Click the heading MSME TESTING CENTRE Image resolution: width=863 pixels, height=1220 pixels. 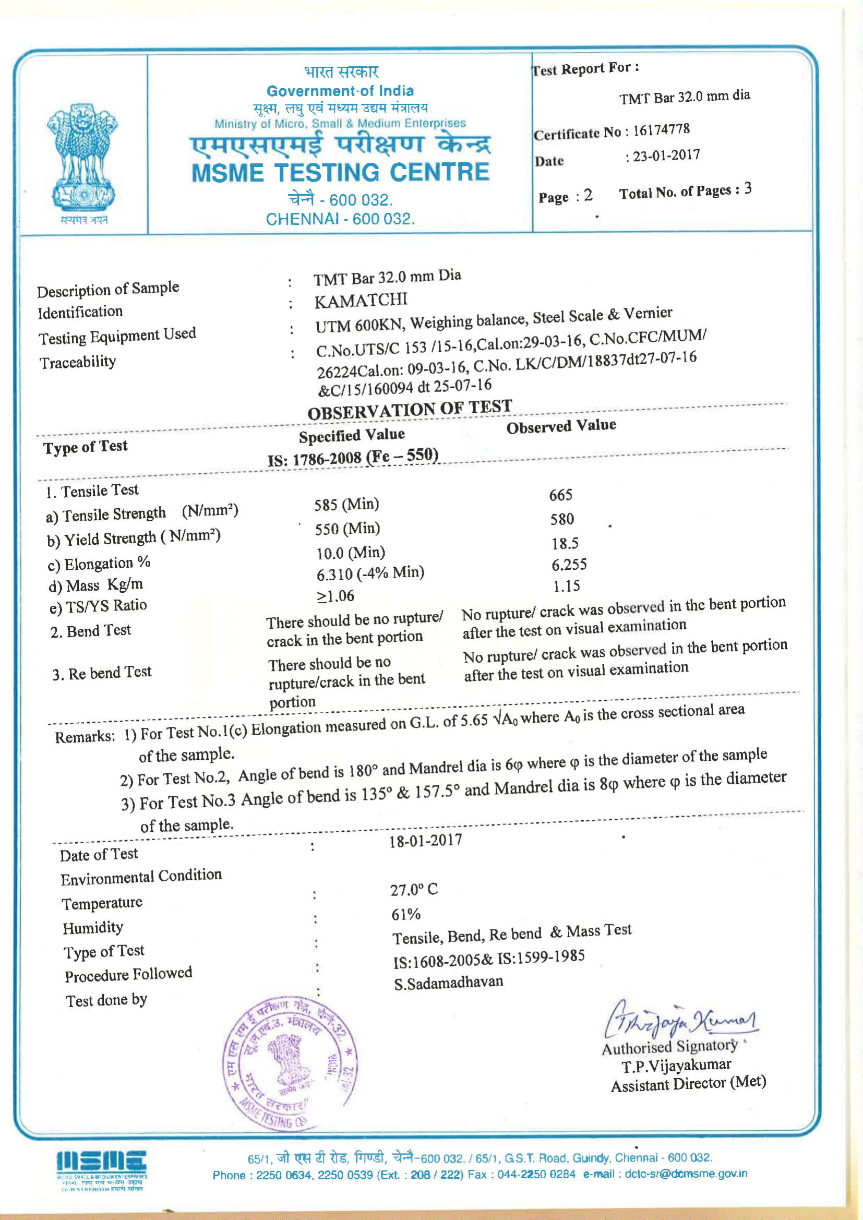click(x=340, y=173)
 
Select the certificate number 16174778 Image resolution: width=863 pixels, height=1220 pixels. click(x=661, y=129)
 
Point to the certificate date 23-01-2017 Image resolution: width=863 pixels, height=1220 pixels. click(x=666, y=156)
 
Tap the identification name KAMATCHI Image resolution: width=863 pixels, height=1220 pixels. click(x=361, y=301)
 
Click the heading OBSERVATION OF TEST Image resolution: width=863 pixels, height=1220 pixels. click(x=409, y=410)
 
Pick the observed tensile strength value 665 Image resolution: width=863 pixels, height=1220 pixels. click(x=560, y=495)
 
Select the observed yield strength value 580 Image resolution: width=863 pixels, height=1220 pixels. click(x=562, y=519)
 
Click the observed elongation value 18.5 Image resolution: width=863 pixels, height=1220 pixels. click(x=565, y=543)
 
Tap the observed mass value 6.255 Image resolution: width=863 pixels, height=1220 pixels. click(x=569, y=564)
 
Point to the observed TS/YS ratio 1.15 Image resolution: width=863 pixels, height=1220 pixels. click(x=566, y=586)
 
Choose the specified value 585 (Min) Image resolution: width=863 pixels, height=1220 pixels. click(x=346, y=504)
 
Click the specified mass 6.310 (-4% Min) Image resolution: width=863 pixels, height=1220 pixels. click(x=370, y=573)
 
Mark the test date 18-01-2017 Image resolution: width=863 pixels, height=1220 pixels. click(x=426, y=841)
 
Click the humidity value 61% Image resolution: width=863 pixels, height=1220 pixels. click(x=406, y=914)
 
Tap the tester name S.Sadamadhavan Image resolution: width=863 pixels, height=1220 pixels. click(x=449, y=983)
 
